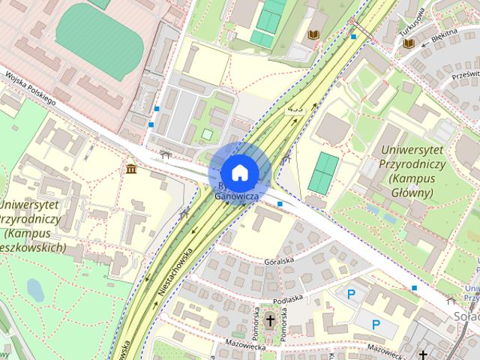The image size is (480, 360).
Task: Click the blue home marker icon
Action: tap(238, 172)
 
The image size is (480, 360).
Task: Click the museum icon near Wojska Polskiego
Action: tap(132, 168)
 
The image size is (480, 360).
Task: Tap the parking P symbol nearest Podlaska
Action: tap(350, 295)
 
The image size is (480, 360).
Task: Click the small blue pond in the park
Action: tap(34, 289)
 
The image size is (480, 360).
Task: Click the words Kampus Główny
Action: tap(410, 186)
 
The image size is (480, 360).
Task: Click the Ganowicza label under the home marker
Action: tap(237, 196)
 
